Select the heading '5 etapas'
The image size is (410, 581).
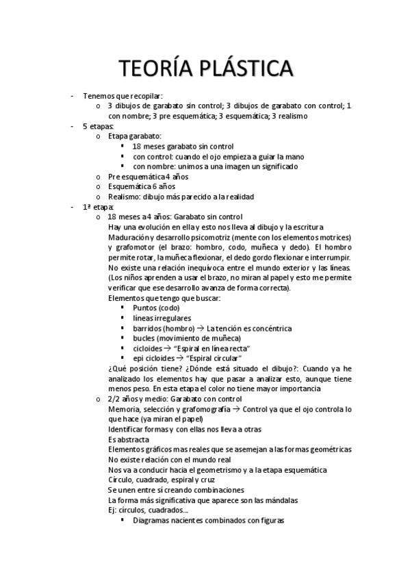[98, 127]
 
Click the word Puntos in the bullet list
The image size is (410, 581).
[145, 308]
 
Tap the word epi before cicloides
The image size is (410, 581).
[139, 358]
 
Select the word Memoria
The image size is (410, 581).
[125, 409]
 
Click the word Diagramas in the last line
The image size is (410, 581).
[154, 521]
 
